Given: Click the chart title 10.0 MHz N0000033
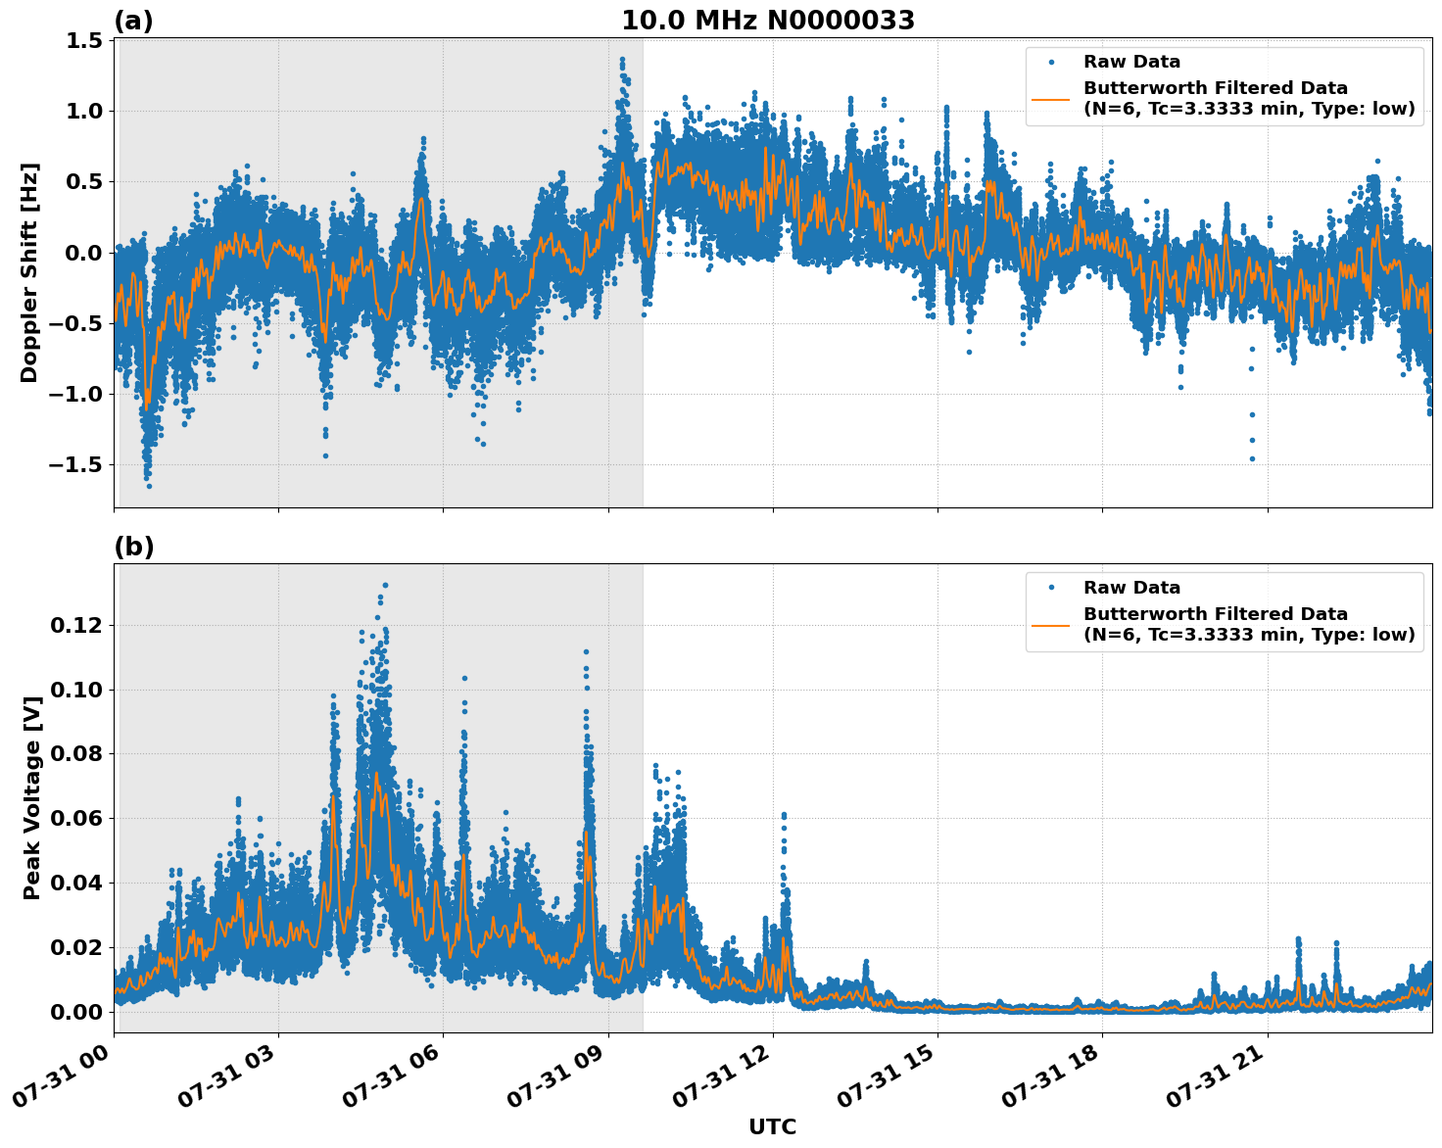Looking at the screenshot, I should pyautogui.click(x=767, y=21).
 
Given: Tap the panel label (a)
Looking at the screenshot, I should pyautogui.click(x=133, y=21).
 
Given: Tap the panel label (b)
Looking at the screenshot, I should pyautogui.click(x=133, y=547).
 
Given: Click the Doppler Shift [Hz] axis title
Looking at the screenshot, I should pyautogui.click(x=29, y=272).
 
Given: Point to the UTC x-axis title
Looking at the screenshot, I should pyautogui.click(x=772, y=1126).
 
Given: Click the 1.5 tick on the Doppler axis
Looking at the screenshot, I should pyautogui.click(x=85, y=40).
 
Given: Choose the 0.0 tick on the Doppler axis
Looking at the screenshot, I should pyautogui.click(x=85, y=253).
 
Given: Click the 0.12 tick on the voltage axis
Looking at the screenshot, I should pyautogui.click(x=80, y=625).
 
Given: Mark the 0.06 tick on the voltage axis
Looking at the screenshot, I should pyautogui.click(x=80, y=818).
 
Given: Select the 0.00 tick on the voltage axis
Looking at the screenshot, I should pyautogui.click(x=80, y=1011).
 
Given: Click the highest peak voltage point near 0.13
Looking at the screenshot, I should pyautogui.click(x=385, y=585).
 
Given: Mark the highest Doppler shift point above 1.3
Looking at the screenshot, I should pyautogui.click(x=622, y=60).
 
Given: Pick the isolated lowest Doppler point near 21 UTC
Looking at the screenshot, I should pyautogui.click(x=1252, y=458).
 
